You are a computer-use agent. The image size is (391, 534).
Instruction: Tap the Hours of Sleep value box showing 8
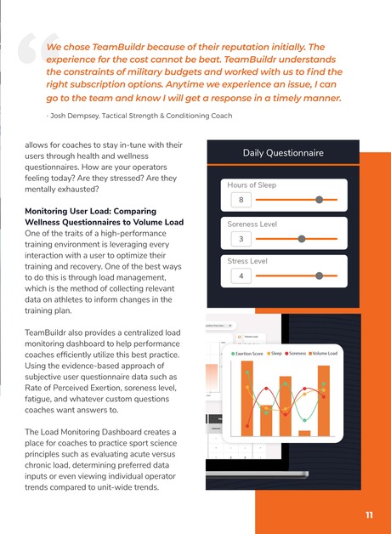[x=242, y=201]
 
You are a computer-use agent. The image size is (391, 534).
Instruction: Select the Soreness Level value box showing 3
[x=242, y=239]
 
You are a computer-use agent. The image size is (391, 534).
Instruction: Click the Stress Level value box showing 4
[x=242, y=276]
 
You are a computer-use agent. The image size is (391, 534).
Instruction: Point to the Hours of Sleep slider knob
[x=319, y=200]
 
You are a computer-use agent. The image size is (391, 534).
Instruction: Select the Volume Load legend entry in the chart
[x=323, y=352]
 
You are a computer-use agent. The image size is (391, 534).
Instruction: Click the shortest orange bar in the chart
[x=304, y=433]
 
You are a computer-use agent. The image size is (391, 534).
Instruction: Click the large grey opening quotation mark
[x=32, y=55]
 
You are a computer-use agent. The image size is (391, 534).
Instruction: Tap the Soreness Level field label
[x=252, y=224]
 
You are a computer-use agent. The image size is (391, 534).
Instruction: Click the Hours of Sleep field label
[x=252, y=185]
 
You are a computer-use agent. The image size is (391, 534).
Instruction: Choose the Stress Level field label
[x=248, y=261]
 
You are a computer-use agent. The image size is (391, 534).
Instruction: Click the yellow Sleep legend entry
[x=274, y=352]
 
